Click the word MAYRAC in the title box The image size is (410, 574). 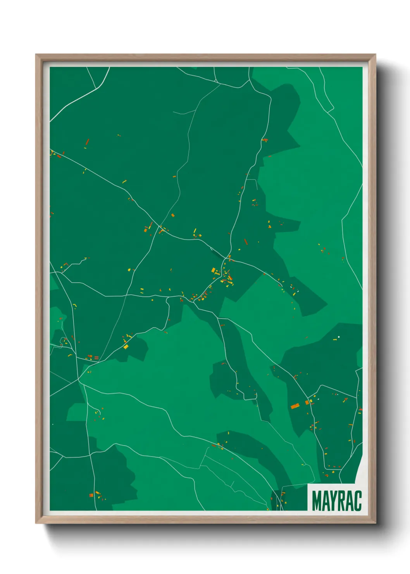pyautogui.click(x=336, y=501)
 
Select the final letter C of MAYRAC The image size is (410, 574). pyautogui.click(x=358, y=501)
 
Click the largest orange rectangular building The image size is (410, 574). pyautogui.click(x=295, y=406)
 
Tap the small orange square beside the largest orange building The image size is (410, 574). pyautogui.click(x=307, y=403)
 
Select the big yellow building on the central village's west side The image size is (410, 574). pyautogui.click(x=213, y=270)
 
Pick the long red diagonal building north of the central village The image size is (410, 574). pyautogui.click(x=245, y=242)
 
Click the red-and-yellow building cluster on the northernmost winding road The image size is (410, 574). pyautogui.click(x=265, y=140)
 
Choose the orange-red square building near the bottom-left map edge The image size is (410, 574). pyautogui.click(x=91, y=495)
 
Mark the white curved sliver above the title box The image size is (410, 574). pyautogui.click(x=358, y=471)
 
